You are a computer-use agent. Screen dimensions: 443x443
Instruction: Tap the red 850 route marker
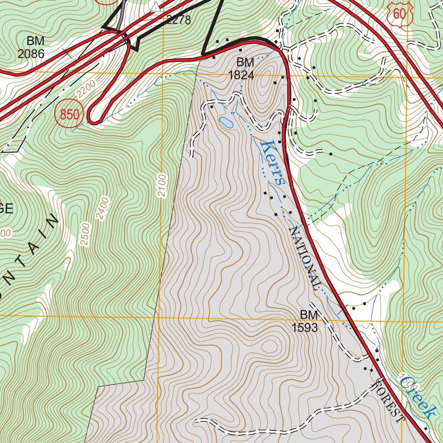tap(69, 115)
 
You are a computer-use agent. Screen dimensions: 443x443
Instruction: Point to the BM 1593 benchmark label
tap(305, 321)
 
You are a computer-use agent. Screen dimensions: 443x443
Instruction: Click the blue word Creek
tap(417, 398)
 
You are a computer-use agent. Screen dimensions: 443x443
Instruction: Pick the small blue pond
tap(226, 122)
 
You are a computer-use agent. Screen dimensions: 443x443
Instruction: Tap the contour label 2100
tap(162, 186)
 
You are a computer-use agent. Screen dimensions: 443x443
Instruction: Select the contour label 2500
tap(86, 234)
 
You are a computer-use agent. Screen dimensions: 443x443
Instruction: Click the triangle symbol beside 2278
tap(156, 7)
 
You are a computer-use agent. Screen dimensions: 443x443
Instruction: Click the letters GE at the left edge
tap(6, 209)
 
